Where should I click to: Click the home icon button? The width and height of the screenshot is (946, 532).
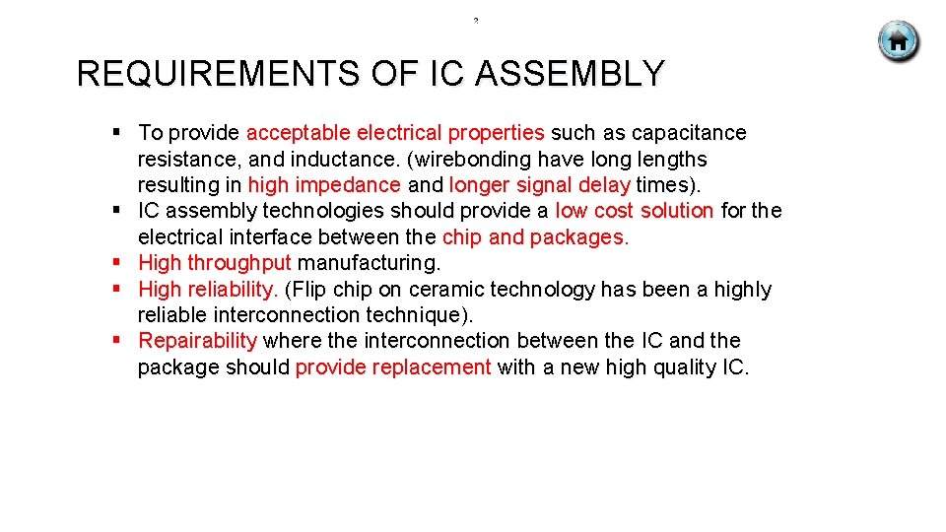click(x=898, y=41)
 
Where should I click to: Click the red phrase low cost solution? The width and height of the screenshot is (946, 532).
click(x=634, y=211)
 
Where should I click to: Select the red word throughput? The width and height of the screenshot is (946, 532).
click(x=239, y=263)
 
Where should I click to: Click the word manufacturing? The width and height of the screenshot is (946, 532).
click(x=370, y=263)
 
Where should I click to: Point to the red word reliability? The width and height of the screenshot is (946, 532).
click(x=234, y=290)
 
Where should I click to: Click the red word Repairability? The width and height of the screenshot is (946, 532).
click(x=197, y=341)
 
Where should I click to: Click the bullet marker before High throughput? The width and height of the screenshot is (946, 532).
click(x=116, y=263)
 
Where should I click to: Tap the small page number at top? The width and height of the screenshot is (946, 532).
click(x=475, y=20)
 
